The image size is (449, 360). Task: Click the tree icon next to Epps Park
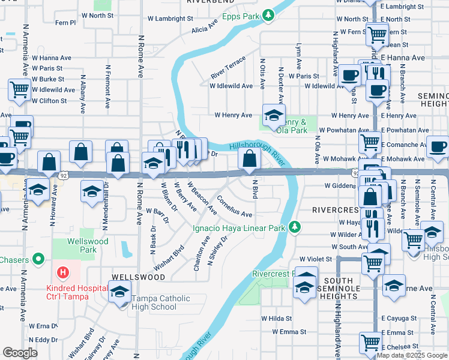(270, 15)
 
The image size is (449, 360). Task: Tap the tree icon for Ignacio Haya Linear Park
(294, 227)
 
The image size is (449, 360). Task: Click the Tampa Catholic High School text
(161, 303)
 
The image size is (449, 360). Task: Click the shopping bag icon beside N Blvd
(249, 159)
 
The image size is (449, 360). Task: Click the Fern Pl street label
(65, 23)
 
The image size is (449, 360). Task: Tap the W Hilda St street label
(276, 319)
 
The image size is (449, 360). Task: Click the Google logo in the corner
(20, 353)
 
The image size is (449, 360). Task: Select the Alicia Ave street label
(204, 29)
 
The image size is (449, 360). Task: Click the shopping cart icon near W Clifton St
(20, 90)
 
